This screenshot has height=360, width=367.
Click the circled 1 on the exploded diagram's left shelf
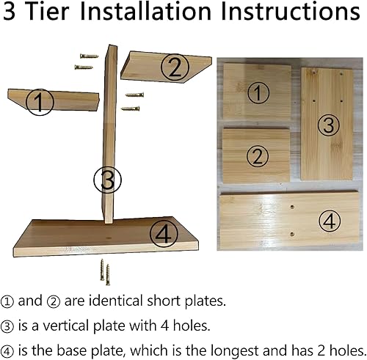tap(40, 102)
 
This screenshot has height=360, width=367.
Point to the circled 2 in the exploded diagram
tap(174, 67)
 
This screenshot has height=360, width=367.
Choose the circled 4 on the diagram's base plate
tap(164, 234)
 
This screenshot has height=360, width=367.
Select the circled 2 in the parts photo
tap(255, 155)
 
